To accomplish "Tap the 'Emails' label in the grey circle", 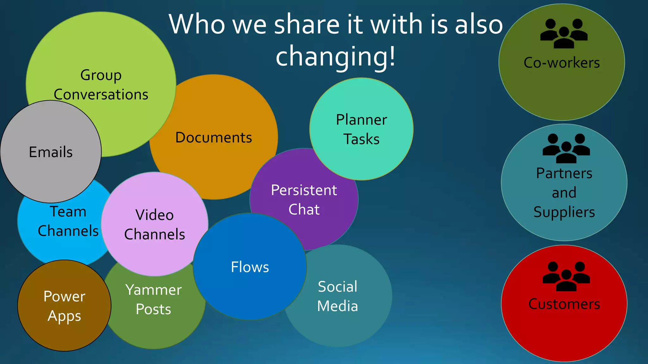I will [51, 152].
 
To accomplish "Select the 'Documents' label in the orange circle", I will [214, 137].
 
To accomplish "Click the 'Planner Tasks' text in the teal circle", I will [361, 129].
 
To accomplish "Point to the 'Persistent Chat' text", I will [304, 200].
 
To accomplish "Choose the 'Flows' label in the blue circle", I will [250, 267].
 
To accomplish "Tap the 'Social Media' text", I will [338, 296].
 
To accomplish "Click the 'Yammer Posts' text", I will [153, 299].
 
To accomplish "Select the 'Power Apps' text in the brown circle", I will [64, 306].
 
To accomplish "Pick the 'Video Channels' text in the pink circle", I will [154, 225].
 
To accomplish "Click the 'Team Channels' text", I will [68, 221].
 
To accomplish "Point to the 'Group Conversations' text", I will [101, 85].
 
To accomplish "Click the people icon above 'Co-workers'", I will [564, 33].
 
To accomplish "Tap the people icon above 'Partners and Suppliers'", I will [566, 148].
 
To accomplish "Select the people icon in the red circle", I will [566, 276].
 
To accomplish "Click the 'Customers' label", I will [564, 304].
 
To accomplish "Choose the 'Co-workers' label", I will [562, 63].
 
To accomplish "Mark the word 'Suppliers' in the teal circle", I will [564, 212].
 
